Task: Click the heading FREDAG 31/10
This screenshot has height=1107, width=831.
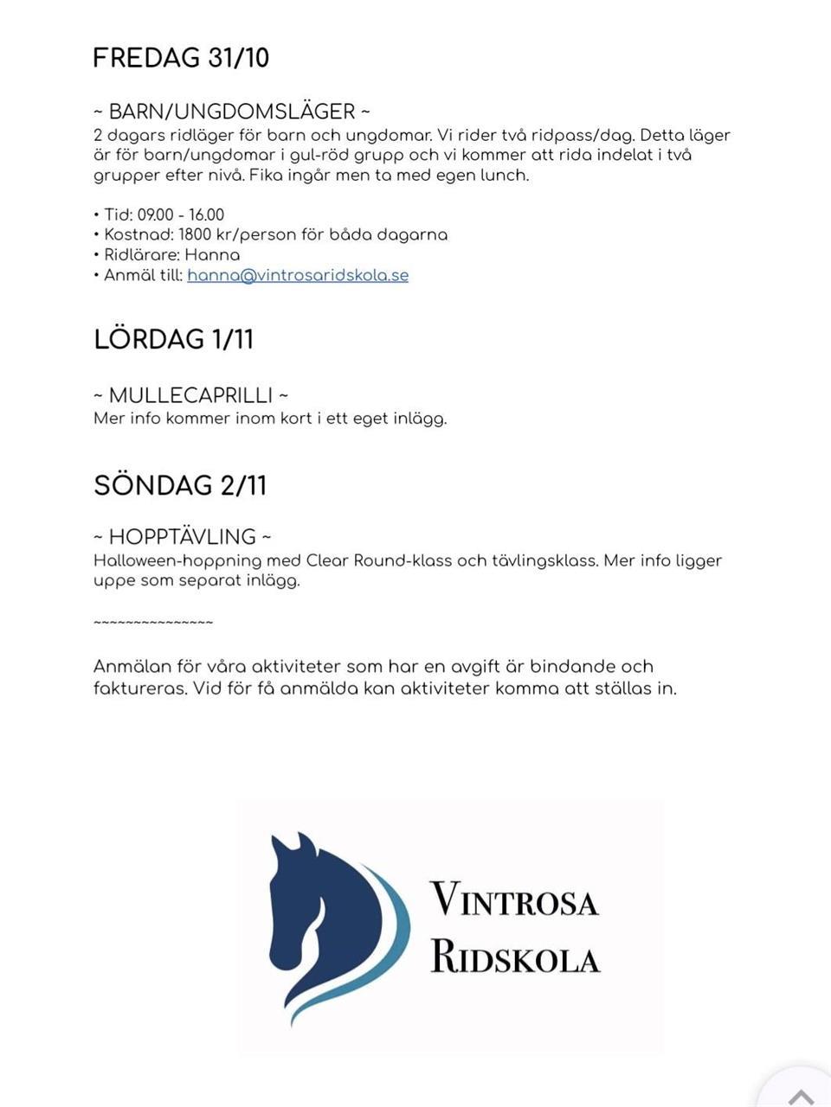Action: [x=181, y=58]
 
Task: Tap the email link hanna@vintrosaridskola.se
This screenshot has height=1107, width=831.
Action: [x=298, y=275]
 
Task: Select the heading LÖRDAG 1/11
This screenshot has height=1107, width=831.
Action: [x=174, y=339]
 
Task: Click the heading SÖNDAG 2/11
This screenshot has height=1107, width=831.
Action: [x=180, y=485]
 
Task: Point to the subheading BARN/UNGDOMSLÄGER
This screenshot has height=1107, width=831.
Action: [x=232, y=112]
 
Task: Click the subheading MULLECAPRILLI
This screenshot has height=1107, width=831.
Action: [x=190, y=395]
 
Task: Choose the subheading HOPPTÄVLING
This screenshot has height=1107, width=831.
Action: [x=183, y=536]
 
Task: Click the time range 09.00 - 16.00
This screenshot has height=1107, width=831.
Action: [x=181, y=214]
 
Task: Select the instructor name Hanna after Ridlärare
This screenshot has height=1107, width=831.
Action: [x=212, y=255]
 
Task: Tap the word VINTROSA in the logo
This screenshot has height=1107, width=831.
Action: [x=514, y=899]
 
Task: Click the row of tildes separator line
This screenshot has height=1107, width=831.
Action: [x=153, y=623]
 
